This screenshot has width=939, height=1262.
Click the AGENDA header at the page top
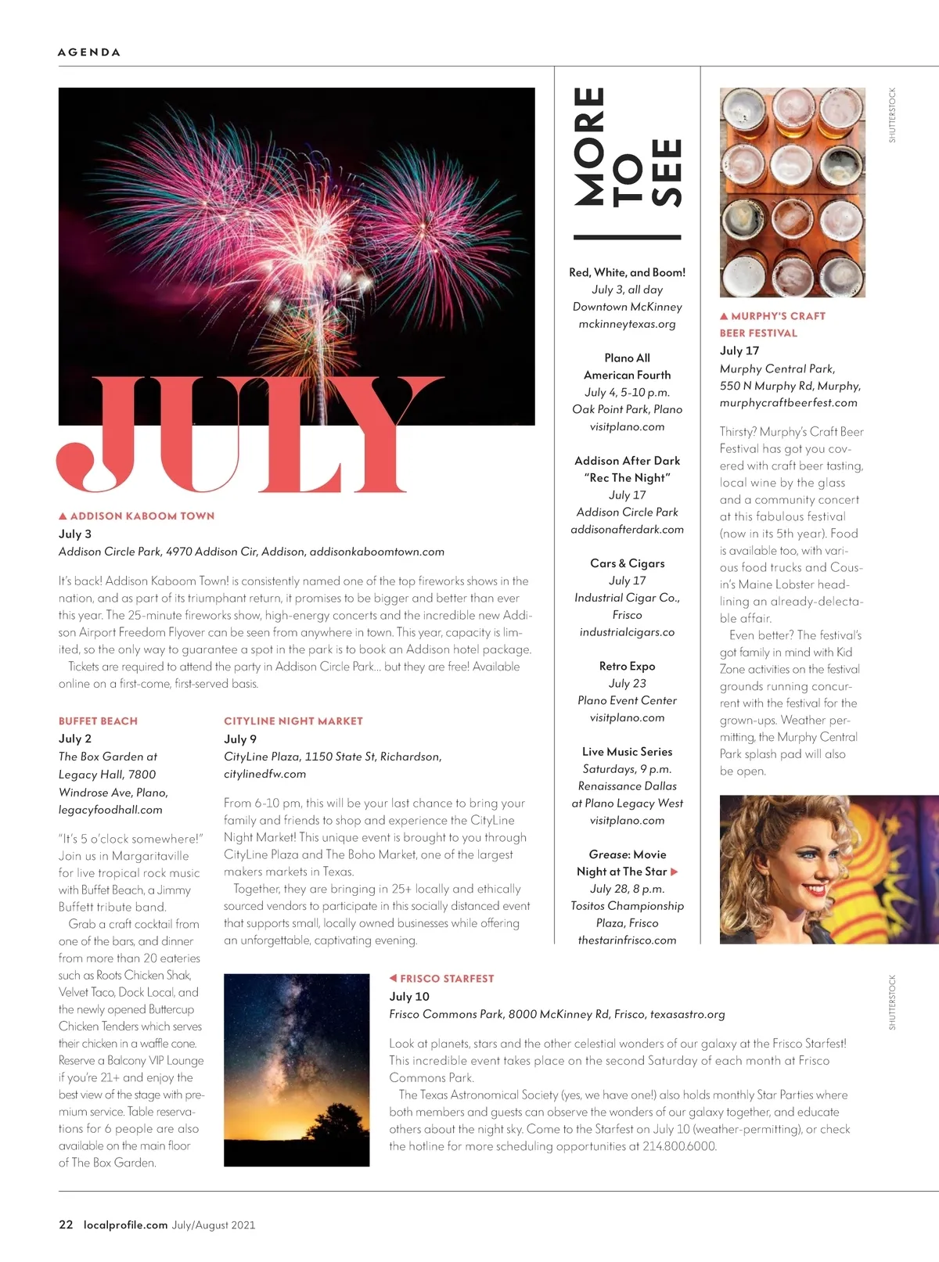click(89, 52)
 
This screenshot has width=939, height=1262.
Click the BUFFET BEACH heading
click(98, 721)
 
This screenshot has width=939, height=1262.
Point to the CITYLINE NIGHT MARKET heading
click(293, 721)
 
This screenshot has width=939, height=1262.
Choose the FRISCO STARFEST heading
click(447, 979)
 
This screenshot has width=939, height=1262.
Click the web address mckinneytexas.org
click(627, 324)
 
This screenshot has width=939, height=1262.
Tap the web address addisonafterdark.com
click(627, 530)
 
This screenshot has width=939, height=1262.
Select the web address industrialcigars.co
click(627, 632)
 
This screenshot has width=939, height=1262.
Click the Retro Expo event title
click(627, 667)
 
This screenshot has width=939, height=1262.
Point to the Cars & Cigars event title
click(627, 563)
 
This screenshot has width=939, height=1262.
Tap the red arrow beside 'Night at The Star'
click(675, 872)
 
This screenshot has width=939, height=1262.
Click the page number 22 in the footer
click(66, 1225)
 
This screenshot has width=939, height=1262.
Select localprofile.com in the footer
click(125, 1225)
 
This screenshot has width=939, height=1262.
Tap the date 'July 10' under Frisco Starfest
click(409, 997)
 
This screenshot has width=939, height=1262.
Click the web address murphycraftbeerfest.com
click(788, 403)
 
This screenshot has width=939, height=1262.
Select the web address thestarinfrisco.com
click(627, 940)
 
